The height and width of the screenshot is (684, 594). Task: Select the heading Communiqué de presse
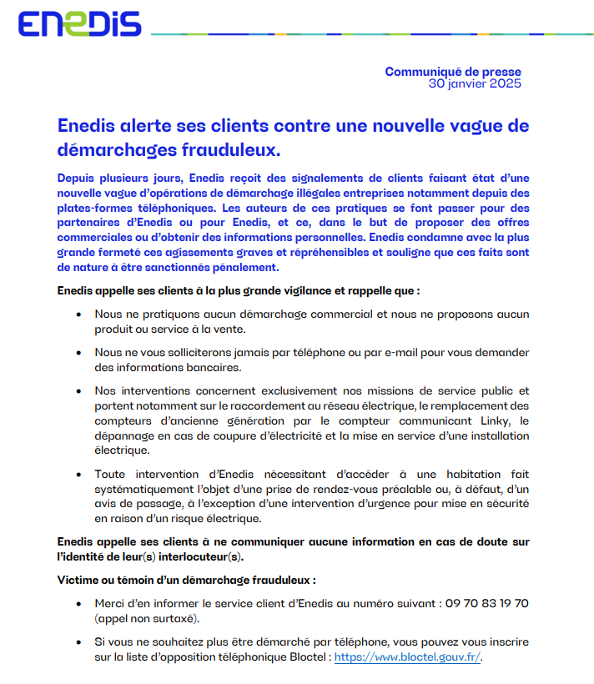[452, 72]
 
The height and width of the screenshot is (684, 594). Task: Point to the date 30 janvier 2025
[475, 84]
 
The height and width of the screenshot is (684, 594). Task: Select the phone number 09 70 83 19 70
[486, 603]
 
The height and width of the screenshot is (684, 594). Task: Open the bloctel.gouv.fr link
[407, 656]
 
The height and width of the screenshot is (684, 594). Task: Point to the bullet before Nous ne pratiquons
[78, 314]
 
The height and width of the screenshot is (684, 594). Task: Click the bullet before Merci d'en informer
[78, 603]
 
